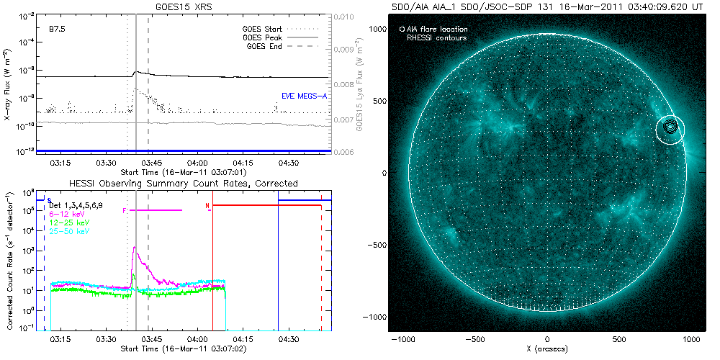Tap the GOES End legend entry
click(x=266, y=45)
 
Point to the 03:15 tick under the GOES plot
click(x=60, y=163)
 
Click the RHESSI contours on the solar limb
click(x=671, y=127)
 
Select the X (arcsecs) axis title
click(x=548, y=348)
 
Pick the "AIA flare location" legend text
click(x=435, y=30)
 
